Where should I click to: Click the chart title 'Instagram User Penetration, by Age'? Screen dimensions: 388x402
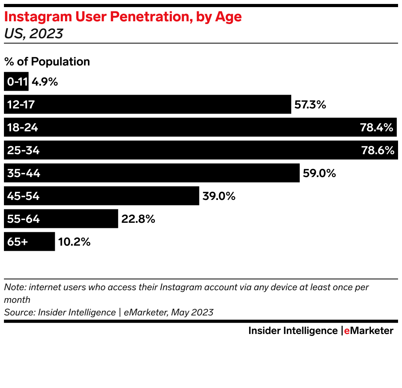coord(123,17)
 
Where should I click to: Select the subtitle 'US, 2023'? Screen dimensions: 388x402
coord(33,34)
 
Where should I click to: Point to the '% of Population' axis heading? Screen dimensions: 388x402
coord(47,62)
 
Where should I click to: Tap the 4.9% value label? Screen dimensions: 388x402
coord(45,82)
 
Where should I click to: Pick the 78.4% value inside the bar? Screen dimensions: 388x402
coord(376,127)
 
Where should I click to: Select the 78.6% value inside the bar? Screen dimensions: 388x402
coord(377,150)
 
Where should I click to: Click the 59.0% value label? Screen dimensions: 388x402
coord(319,173)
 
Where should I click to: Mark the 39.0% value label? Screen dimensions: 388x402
coord(219,196)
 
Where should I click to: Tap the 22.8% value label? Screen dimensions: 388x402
coord(138,219)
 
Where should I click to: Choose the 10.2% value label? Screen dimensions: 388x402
coord(74,242)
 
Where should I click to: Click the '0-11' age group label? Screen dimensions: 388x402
coord(17,82)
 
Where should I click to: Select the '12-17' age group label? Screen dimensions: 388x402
coord(21,104)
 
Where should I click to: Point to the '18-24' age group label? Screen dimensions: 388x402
coord(22,127)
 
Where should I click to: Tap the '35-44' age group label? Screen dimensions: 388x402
coord(24,173)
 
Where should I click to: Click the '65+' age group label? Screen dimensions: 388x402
coord(17,242)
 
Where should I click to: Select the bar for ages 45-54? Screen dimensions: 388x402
coord(118,196)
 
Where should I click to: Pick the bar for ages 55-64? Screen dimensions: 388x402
coord(79,219)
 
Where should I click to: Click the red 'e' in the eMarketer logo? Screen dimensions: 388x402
coord(347,331)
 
